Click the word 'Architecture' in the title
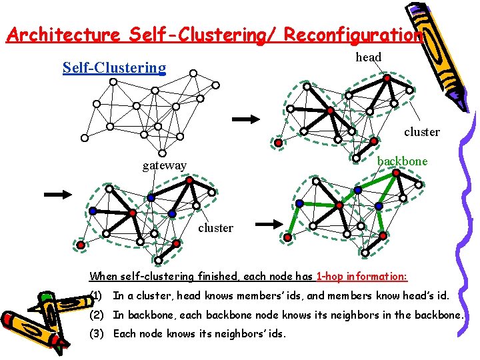[x=61, y=35]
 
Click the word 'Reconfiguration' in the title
[x=353, y=35]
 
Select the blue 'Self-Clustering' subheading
[x=114, y=67]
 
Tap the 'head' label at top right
[x=368, y=57]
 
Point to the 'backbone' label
[x=402, y=161]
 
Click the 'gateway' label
[x=164, y=165]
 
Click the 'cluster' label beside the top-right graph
[x=421, y=132]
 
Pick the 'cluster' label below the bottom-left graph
[x=215, y=228]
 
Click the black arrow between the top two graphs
[x=245, y=119]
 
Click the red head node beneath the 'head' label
[x=387, y=78]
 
